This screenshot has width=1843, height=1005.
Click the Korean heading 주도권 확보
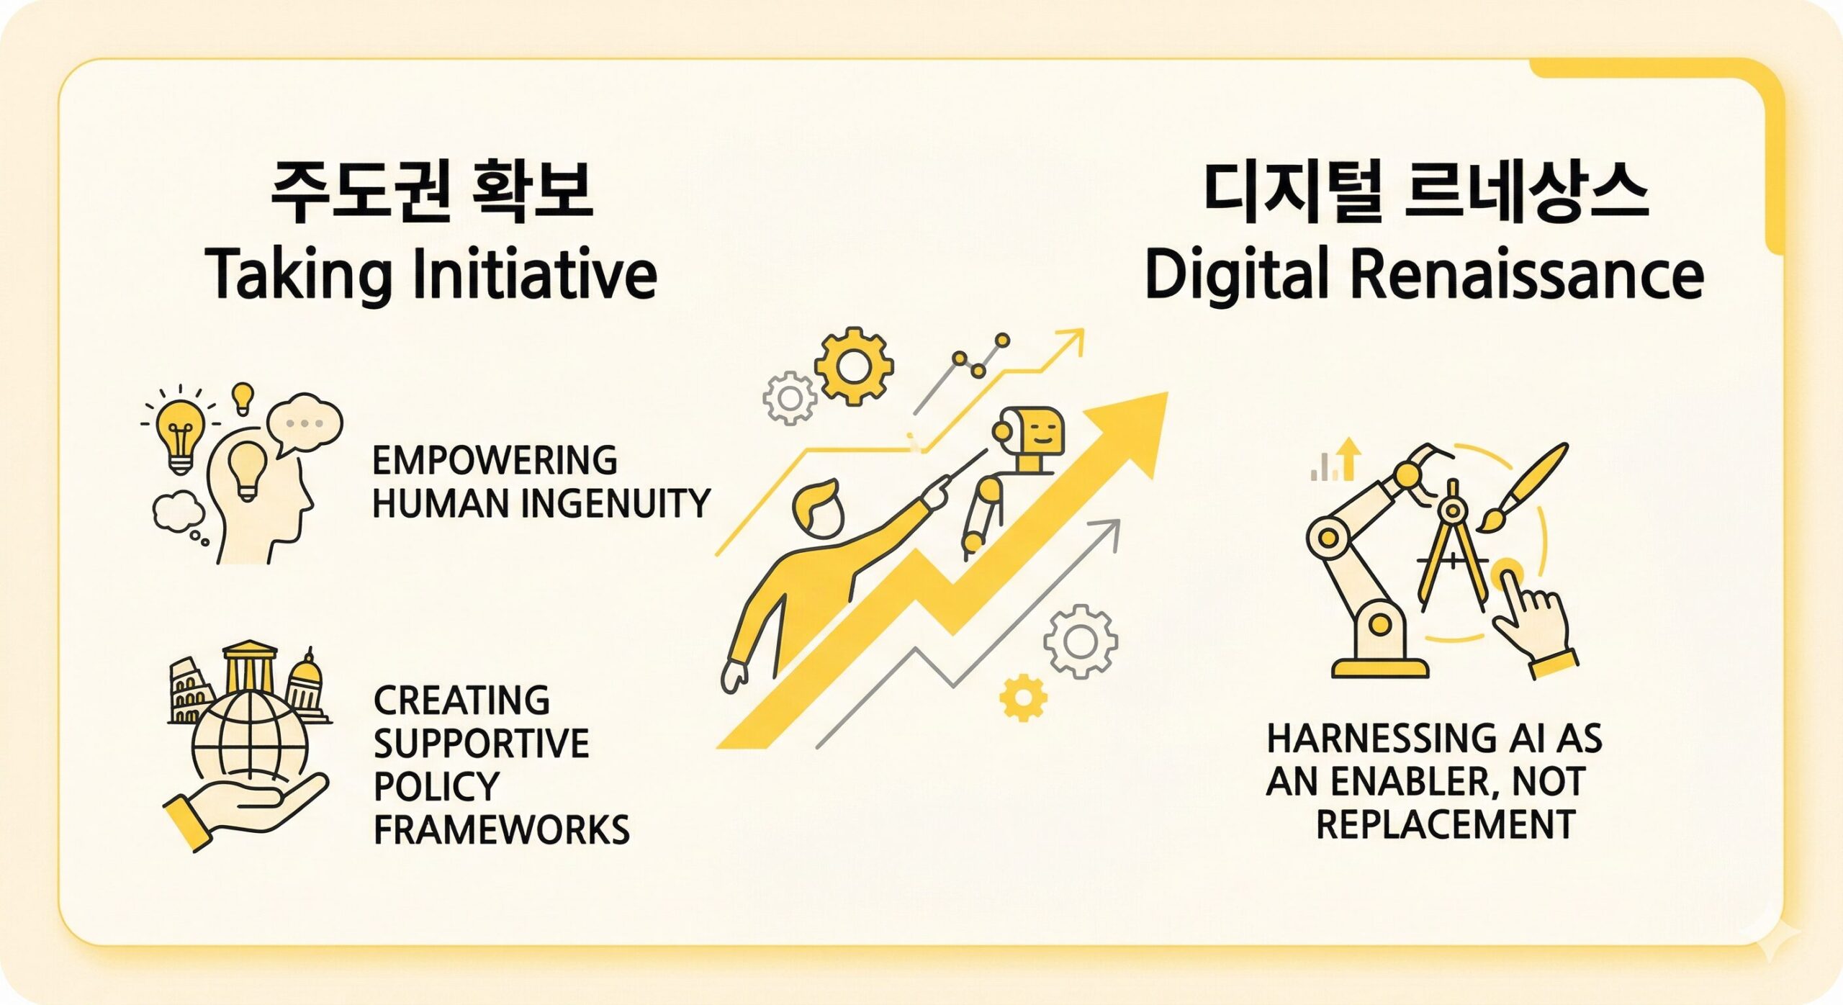(431, 192)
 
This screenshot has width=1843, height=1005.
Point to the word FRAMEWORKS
(502, 829)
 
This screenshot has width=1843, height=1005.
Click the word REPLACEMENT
(1446, 824)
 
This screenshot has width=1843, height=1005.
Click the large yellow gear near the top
(855, 366)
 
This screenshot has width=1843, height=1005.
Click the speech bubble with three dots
(305, 425)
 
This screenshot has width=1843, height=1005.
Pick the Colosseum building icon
(193, 691)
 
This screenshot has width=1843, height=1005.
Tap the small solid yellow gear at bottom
(1024, 697)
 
